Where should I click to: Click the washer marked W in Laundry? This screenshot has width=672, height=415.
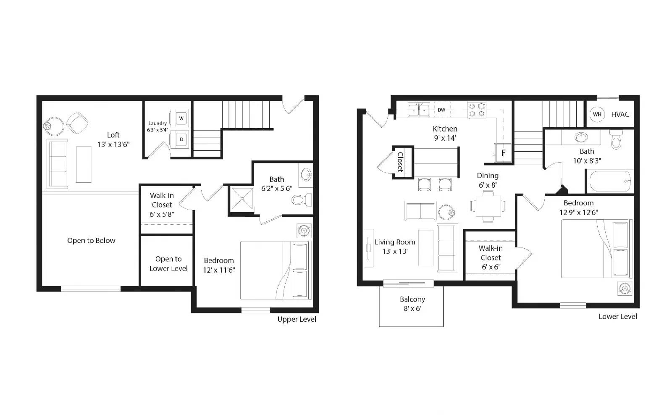tap(181, 118)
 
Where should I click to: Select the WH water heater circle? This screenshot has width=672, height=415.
tap(597, 114)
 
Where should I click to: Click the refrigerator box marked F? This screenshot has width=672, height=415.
tap(503, 153)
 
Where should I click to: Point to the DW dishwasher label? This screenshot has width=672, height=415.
tap(441, 110)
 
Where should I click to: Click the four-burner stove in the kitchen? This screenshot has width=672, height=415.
tap(477, 110)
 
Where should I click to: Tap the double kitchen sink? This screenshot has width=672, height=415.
tap(419, 110)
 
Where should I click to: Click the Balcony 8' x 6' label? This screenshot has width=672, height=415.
tap(412, 304)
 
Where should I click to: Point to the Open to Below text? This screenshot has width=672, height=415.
tap(91, 241)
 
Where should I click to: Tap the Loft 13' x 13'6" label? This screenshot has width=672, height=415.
tap(113, 139)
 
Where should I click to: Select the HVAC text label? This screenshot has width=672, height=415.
tap(620, 114)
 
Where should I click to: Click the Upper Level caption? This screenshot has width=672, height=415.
tap(297, 319)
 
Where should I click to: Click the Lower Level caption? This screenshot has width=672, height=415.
tap(617, 317)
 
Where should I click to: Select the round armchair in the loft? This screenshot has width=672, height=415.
tap(78, 123)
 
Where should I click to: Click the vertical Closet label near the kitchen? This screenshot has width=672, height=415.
tap(400, 162)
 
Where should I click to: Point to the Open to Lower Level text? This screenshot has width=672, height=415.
tap(168, 264)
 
